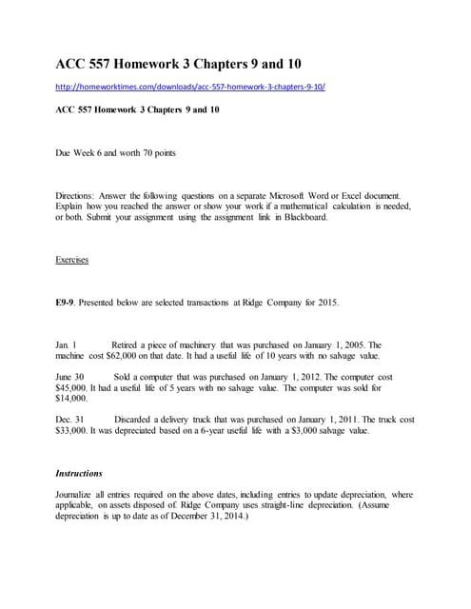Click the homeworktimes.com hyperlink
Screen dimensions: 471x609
pos(190,86)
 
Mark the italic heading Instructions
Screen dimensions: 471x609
pos(79,473)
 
